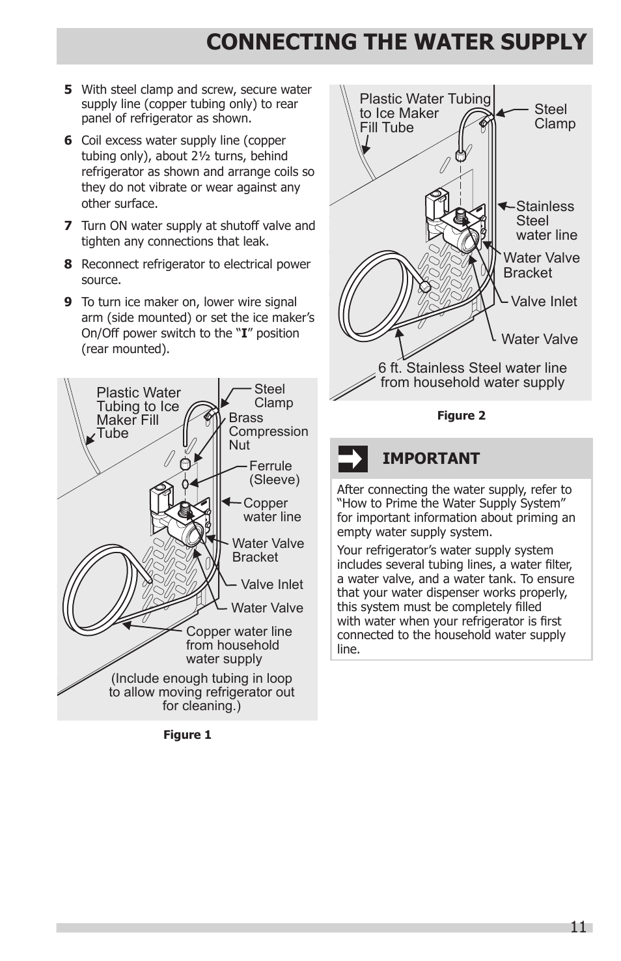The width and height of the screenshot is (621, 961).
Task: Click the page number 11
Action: click(578, 927)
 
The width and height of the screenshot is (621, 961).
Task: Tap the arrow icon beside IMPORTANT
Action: click(352, 459)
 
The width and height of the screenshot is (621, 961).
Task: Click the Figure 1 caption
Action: click(187, 735)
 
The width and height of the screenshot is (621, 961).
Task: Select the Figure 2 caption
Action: click(461, 416)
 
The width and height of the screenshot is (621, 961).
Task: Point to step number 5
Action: click(68, 90)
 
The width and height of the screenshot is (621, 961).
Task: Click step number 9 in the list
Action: click(68, 302)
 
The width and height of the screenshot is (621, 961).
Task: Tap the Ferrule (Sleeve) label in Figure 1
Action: click(274, 473)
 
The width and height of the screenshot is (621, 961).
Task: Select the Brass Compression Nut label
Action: click(268, 431)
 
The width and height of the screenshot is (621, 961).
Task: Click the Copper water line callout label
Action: click(271, 510)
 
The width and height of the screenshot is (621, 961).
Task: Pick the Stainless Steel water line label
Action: click(545, 221)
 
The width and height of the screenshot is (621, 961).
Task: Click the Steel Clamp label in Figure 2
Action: click(555, 117)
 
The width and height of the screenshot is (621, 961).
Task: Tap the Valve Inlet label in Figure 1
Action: click(271, 585)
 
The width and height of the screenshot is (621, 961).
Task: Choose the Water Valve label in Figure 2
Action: click(539, 339)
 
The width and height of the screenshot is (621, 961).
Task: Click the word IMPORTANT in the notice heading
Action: click(431, 459)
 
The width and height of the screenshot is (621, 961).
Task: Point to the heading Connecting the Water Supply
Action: click(396, 42)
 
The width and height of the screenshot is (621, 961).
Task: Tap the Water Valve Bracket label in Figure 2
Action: click(540, 265)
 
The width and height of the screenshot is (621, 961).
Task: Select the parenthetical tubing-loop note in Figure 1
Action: click(202, 692)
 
